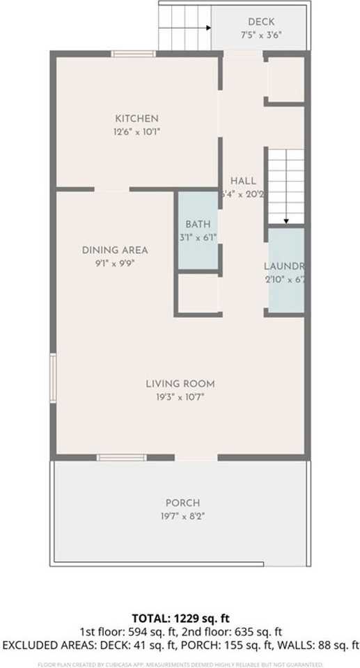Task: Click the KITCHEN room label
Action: pos(136,119)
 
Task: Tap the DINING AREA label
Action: pos(115,250)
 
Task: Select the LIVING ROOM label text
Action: pos(180,383)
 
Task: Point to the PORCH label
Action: pos(182,503)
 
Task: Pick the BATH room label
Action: pos(197,225)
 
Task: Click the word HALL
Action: pos(243,181)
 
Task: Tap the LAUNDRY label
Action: pos(284,267)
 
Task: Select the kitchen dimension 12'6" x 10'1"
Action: pos(136,132)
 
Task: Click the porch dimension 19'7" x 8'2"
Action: pos(182,516)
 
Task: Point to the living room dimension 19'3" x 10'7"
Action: pos(180,397)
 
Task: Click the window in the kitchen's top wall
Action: pos(134,54)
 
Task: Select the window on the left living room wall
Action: pos(53,378)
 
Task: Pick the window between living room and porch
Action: pos(121,457)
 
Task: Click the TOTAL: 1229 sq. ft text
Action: pos(180,619)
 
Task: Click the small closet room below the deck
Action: pos(285,79)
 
